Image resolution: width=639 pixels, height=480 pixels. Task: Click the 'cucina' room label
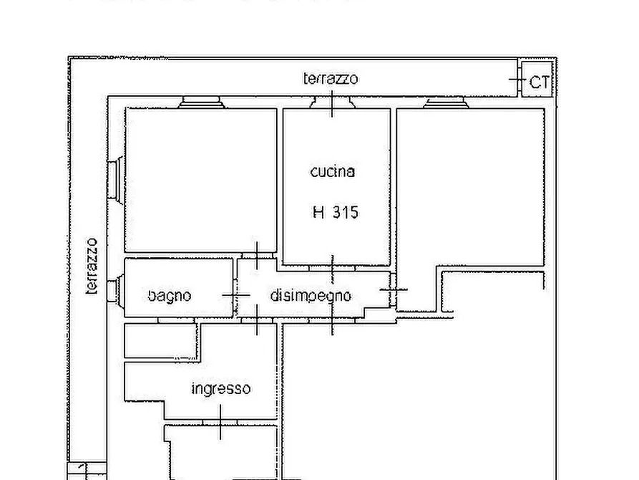point(332,172)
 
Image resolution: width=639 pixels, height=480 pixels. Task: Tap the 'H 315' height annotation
point(335,212)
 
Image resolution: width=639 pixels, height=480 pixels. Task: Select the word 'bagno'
point(170,295)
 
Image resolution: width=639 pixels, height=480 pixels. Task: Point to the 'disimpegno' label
point(311,295)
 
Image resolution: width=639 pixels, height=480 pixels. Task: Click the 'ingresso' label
point(221,389)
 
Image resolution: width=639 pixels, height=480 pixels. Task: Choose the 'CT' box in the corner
point(539,82)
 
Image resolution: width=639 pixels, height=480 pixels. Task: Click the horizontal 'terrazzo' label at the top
point(331,79)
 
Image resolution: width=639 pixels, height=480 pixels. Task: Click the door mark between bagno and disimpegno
point(234,294)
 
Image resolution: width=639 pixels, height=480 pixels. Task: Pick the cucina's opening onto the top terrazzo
point(332,102)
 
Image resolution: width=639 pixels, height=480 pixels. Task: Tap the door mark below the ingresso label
point(220,421)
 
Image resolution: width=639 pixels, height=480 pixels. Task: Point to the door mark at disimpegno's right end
point(393,289)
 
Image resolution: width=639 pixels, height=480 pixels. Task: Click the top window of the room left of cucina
point(203,102)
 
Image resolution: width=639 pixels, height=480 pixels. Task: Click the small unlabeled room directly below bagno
point(160,340)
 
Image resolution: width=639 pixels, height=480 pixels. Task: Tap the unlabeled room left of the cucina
point(200,179)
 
